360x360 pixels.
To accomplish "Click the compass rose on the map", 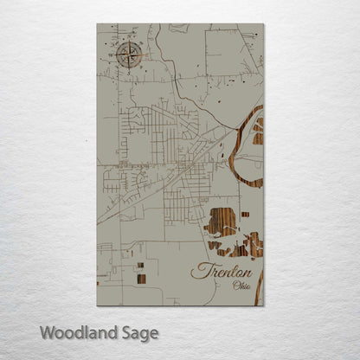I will (x=130, y=56).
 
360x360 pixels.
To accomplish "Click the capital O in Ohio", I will (x=223, y=286).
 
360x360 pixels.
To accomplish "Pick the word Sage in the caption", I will (x=138, y=332).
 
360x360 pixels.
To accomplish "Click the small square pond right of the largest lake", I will (x=245, y=214).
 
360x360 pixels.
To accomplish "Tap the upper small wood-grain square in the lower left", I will (x=139, y=266).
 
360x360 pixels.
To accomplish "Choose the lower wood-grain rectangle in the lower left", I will (x=140, y=279).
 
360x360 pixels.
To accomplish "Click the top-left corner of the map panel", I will (x=98, y=24).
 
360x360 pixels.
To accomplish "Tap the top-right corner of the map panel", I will (x=263, y=24).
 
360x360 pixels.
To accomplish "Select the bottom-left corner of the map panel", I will (x=98, y=305).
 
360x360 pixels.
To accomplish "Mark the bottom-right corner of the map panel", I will (x=263, y=305).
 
